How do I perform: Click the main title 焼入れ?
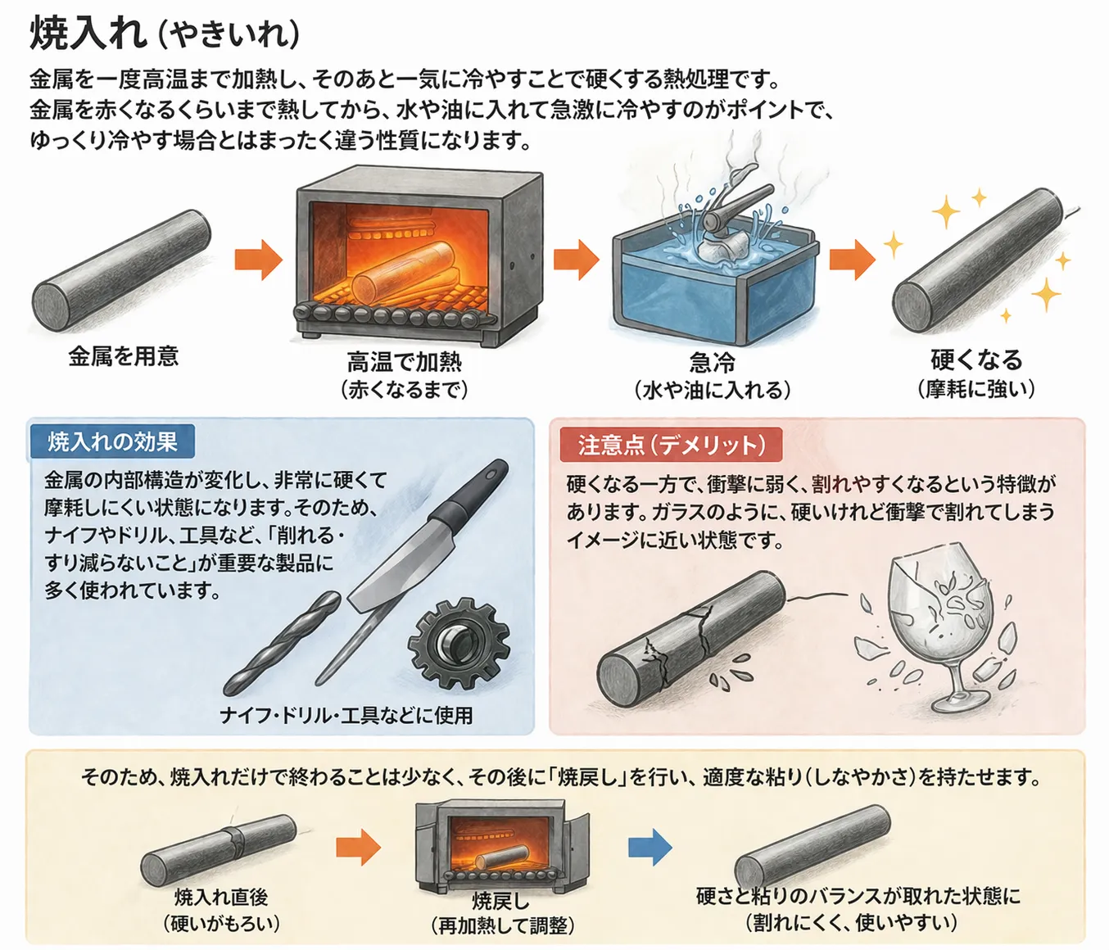88,34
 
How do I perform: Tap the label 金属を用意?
124,356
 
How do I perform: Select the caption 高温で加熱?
404,362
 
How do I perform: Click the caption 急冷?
712,362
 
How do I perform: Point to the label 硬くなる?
976,360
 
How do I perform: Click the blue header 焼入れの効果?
112,442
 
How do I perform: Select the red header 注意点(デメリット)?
671,445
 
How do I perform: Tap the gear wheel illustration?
459,644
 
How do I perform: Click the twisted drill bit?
282,644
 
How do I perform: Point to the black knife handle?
468,494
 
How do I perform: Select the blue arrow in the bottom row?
650,848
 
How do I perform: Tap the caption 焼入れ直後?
221,897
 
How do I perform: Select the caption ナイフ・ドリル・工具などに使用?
346,716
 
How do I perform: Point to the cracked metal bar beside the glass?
692,638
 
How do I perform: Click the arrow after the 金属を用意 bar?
259,260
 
